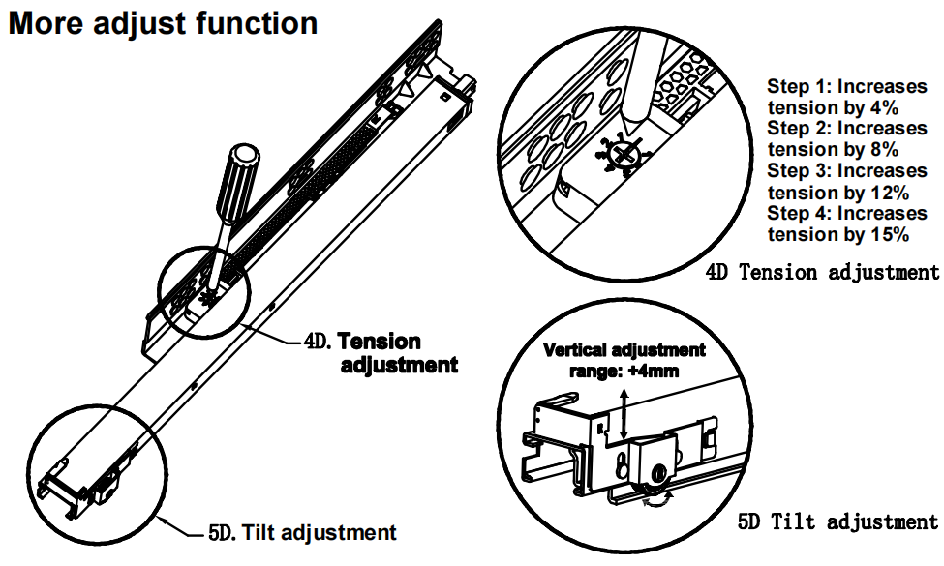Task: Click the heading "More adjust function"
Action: [163, 23]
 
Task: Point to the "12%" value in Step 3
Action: [885, 192]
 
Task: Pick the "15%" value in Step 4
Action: [885, 234]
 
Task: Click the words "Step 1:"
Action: [799, 85]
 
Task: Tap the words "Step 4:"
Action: [799, 213]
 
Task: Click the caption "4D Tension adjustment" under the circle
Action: [822, 273]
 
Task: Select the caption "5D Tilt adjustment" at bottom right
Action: [837, 522]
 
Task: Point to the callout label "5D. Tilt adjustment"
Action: [301, 531]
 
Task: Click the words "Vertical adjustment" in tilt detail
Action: [624, 349]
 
